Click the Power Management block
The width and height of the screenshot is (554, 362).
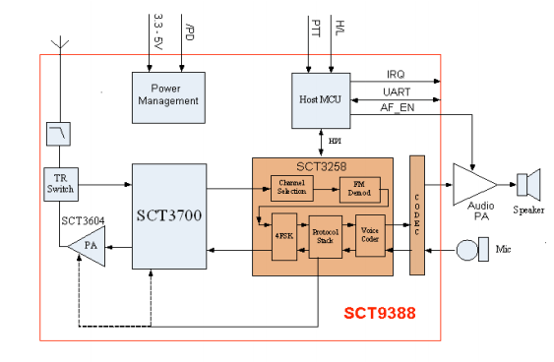(168, 97)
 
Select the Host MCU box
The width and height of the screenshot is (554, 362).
(321, 100)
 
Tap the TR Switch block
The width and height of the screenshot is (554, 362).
(61, 184)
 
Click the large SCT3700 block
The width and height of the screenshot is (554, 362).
(169, 216)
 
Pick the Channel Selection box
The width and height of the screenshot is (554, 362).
(292, 188)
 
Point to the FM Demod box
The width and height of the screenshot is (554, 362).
(360, 190)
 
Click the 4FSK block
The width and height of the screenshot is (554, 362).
(284, 237)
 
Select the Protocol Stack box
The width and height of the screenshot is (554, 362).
(326, 237)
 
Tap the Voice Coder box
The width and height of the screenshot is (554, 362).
(370, 235)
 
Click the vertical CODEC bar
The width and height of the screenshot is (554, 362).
(417, 215)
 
